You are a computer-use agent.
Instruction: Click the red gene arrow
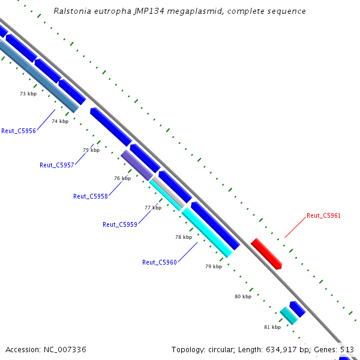coord(266,253)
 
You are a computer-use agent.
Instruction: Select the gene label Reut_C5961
coord(323,215)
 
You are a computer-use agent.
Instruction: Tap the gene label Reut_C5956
coord(19,131)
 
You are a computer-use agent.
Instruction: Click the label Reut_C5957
coord(56,165)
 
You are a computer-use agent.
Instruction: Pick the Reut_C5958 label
coord(90,196)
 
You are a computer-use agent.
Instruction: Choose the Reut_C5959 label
coord(120,224)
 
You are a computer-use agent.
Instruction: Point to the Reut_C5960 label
coord(159,262)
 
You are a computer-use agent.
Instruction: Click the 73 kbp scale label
coord(28,94)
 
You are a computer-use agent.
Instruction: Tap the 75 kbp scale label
coord(91,150)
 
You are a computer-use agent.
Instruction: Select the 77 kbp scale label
coord(153,208)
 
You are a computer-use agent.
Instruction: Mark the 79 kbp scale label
coord(214,266)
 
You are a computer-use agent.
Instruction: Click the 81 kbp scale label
coord(272,327)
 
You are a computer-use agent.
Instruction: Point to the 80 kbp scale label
coord(243,296)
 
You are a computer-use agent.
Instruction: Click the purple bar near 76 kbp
coord(137,165)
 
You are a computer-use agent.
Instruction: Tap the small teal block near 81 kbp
coord(289,316)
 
